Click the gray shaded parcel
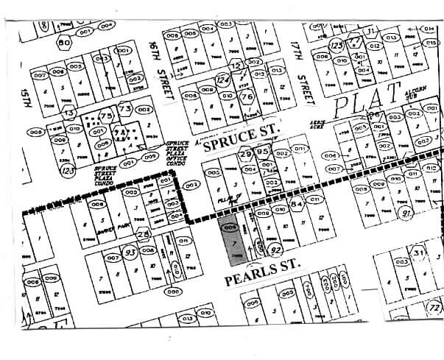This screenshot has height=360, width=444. click(x=230, y=240)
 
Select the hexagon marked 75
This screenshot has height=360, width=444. click(x=105, y=116)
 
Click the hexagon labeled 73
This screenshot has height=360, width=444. click(x=125, y=110)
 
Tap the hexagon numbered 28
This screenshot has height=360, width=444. click(x=144, y=233)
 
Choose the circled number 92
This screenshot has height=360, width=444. click(x=278, y=250)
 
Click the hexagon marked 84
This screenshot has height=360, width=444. click(x=297, y=204)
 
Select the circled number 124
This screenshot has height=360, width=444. click(x=223, y=80)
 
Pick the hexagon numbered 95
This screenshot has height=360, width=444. click(x=263, y=154)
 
